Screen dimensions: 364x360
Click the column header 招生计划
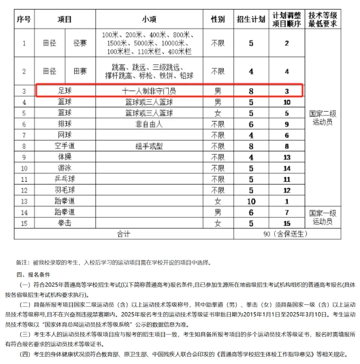pyautogui.click(x=251, y=20)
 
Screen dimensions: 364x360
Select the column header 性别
pyautogui.click(x=218, y=20)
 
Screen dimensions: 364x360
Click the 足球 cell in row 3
pyautogui.click(x=65, y=91)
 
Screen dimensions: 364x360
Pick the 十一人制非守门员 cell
pyautogui.click(x=149, y=91)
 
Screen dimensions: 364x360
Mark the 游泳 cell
pyautogui.click(x=65, y=168)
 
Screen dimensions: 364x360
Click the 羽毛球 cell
pyautogui.click(x=65, y=190)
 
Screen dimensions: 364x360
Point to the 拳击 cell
pyautogui.click(x=65, y=223)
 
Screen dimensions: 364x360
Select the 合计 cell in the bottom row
pyautogui.click(x=123, y=234)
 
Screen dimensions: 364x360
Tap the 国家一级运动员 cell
pyautogui.click(x=323, y=217)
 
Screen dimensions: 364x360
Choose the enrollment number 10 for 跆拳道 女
pyautogui.click(x=251, y=201)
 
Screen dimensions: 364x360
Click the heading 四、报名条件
pyautogui.click(x=33, y=275)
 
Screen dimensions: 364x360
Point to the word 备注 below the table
pyautogui.click(x=22, y=263)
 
